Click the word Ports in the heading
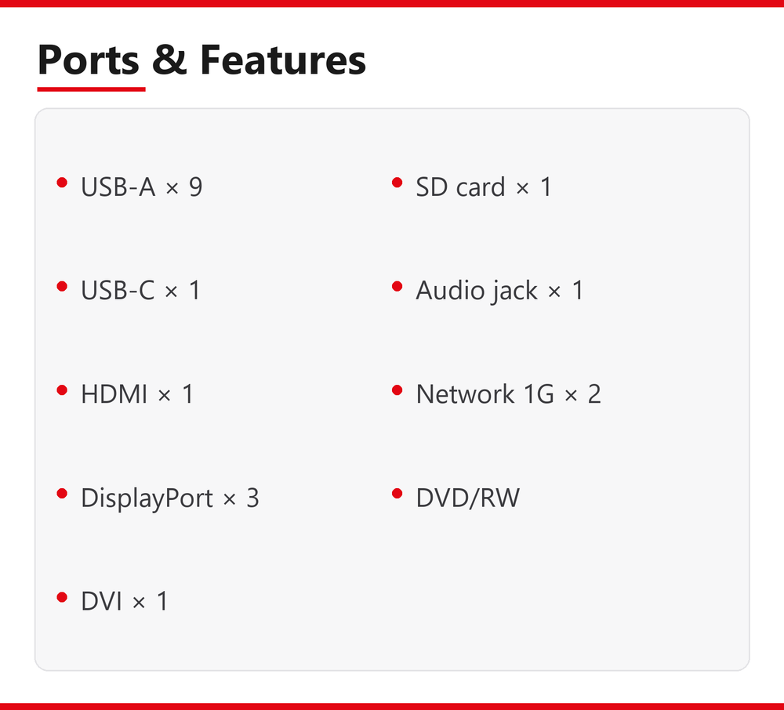pyautogui.click(x=89, y=60)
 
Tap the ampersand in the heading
pyautogui.click(x=169, y=60)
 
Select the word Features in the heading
pyautogui.click(x=283, y=60)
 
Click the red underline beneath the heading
pyautogui.click(x=91, y=89)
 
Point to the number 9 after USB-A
pyautogui.click(x=195, y=187)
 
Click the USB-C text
pyautogui.click(x=118, y=290)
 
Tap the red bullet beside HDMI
pyautogui.click(x=62, y=389)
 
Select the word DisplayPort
pyautogui.click(x=147, y=498)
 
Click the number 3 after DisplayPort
pyautogui.click(x=253, y=498)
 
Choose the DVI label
pyautogui.click(x=101, y=601)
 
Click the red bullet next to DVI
pyautogui.click(x=62, y=597)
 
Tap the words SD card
pyautogui.click(x=460, y=187)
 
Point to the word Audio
pyautogui.click(x=449, y=290)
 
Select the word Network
pyautogui.click(x=465, y=393)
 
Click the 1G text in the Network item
pyautogui.click(x=539, y=393)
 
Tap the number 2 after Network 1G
pyautogui.click(x=594, y=393)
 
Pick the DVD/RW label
pyautogui.click(x=468, y=498)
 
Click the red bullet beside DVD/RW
pyautogui.click(x=397, y=494)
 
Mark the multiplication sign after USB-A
pyautogui.click(x=172, y=188)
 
